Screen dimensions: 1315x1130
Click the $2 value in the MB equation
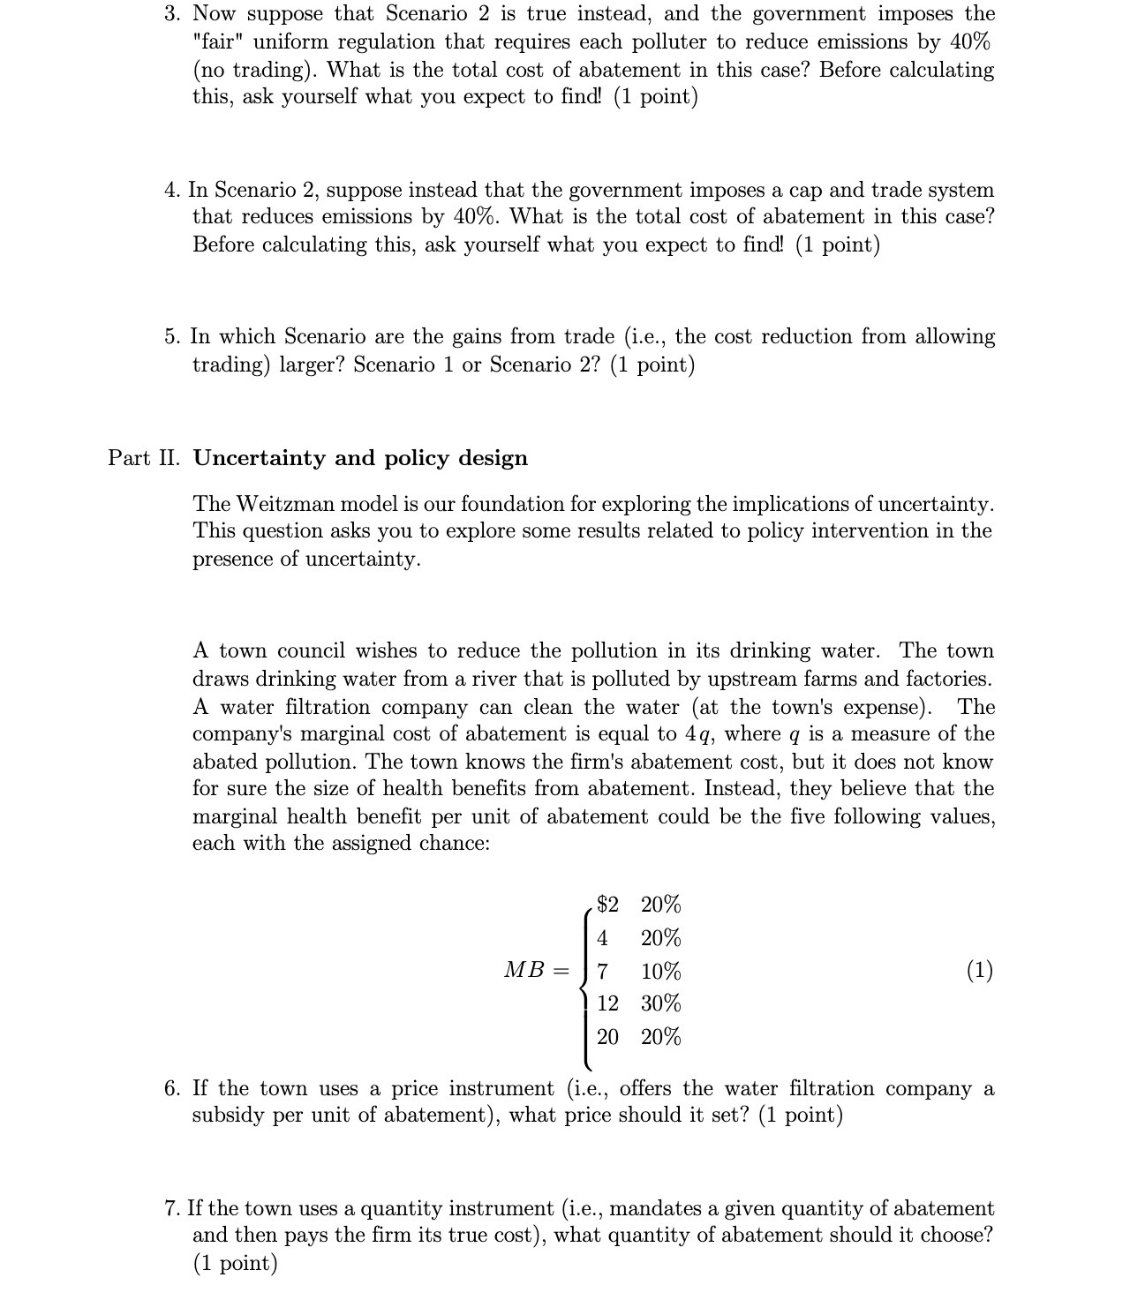click(607, 905)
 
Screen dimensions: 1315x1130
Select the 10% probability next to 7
click(660, 972)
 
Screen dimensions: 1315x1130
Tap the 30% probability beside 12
click(660, 1003)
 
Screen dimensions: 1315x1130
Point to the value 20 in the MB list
click(607, 1037)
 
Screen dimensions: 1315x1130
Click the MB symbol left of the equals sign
click(524, 971)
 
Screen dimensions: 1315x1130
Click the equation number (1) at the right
click(979, 971)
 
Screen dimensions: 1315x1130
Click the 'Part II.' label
click(144, 458)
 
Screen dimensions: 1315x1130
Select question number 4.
click(171, 191)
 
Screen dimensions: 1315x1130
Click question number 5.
click(171, 337)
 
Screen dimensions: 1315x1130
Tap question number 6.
click(171, 1089)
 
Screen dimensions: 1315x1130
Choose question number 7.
click(171, 1209)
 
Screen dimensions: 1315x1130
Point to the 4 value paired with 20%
click(602, 937)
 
